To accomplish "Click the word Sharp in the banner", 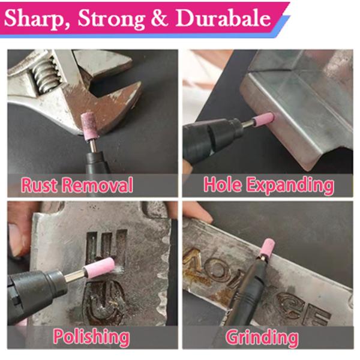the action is tap(36, 19).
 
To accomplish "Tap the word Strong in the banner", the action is tap(111, 19).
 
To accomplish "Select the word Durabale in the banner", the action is tap(223, 19).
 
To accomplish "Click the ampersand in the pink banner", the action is tap(160, 19).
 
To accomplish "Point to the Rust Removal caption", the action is tap(77, 185).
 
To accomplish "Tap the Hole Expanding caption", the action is tap(268, 185).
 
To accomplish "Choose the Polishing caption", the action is tap(91, 337).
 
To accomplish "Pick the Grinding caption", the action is tap(262, 337).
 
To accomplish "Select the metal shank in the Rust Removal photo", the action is tap(93, 145).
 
